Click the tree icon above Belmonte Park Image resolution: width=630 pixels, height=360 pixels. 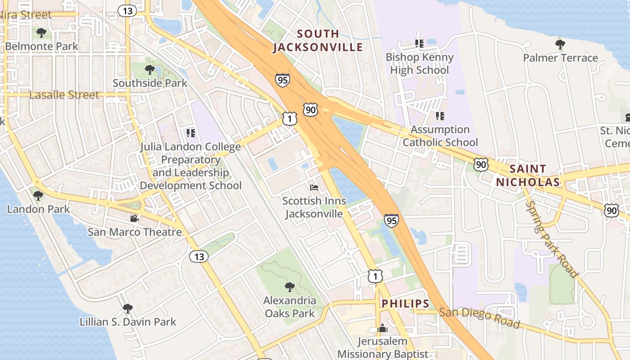[41, 33]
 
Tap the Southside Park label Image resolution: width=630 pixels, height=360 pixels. [150, 83]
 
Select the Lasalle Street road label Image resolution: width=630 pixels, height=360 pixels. [64, 95]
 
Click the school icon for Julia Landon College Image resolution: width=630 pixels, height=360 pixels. [191, 133]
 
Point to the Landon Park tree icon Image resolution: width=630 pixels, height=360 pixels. [38, 196]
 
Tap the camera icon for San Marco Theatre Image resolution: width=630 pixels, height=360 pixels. [134, 219]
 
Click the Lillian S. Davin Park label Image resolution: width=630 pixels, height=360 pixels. [128, 322]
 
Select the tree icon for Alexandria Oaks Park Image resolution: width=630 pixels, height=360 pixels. [290, 287]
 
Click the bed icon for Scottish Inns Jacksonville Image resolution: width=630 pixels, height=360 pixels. [314, 188]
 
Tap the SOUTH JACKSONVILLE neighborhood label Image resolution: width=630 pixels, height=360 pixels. [318, 40]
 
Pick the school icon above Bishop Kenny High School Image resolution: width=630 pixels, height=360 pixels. [419, 44]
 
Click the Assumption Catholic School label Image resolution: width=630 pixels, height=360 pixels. [440, 136]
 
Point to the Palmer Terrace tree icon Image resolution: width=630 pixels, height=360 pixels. [560, 45]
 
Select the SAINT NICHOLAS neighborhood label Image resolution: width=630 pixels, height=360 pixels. [528, 175]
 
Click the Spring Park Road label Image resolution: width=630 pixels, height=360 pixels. [551, 238]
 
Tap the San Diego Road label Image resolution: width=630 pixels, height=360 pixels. [479, 318]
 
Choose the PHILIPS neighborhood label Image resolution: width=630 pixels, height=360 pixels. [405, 304]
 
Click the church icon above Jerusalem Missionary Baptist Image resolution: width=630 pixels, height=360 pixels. [382, 328]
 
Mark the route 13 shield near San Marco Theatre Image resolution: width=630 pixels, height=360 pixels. [198, 256]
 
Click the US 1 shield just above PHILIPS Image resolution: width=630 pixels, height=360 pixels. [375, 276]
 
